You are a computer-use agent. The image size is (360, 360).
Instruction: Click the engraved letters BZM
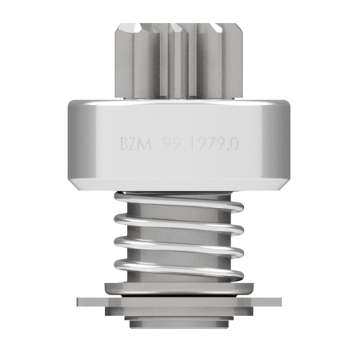(136, 144)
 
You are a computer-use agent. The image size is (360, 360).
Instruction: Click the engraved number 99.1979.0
(201, 144)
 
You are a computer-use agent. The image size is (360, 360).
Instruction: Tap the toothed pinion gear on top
(179, 61)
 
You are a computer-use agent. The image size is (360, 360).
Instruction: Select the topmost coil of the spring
(178, 202)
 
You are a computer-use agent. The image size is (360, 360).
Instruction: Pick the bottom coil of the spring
(178, 270)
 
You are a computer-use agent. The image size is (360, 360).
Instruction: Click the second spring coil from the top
(178, 224)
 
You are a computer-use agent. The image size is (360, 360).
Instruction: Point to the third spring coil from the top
(178, 246)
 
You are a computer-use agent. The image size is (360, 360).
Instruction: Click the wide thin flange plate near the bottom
(178, 302)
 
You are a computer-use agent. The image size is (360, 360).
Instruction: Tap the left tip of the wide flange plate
(77, 302)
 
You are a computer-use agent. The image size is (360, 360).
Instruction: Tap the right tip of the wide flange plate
(281, 302)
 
